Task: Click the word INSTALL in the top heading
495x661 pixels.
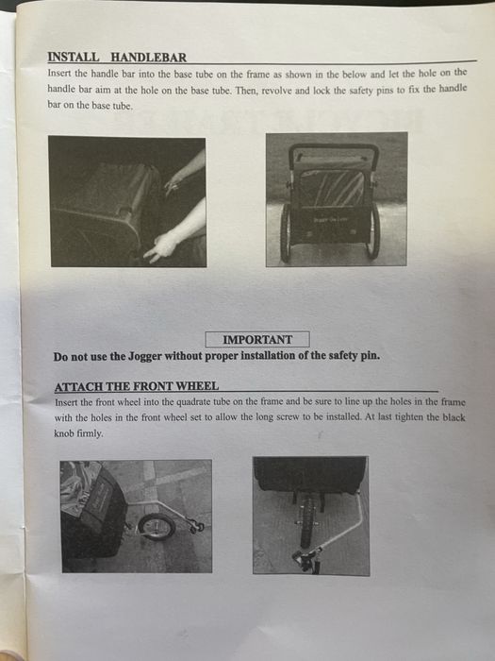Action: pos(72,57)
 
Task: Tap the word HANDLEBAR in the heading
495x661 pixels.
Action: pos(145,57)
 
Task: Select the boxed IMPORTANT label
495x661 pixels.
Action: pos(256,340)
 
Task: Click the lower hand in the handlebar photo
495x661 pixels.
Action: pos(161,246)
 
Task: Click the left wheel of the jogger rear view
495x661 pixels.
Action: pos(285,232)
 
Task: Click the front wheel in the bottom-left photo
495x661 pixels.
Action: pos(155,526)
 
